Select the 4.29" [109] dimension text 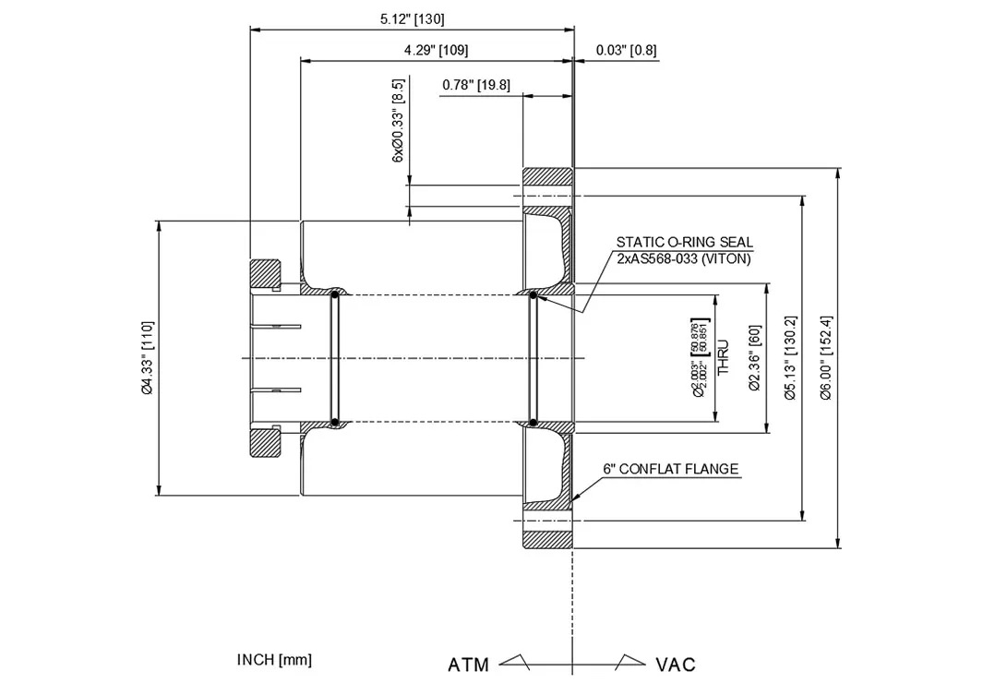coord(437,50)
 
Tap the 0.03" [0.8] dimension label coord(626,50)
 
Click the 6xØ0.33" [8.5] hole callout coord(399,121)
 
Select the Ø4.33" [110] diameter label coord(147,358)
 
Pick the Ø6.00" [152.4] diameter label coord(827,358)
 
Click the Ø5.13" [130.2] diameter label coord(790,358)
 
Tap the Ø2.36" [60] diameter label coord(754,358)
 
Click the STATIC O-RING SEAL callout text coord(685,242)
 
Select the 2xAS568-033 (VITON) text coord(684,258)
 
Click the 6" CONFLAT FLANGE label coord(670,469)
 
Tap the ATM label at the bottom coord(469,665)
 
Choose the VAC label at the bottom coord(676,665)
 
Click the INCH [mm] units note coord(274,659)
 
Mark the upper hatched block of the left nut coord(266,273)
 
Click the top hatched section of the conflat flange coord(548,175)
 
